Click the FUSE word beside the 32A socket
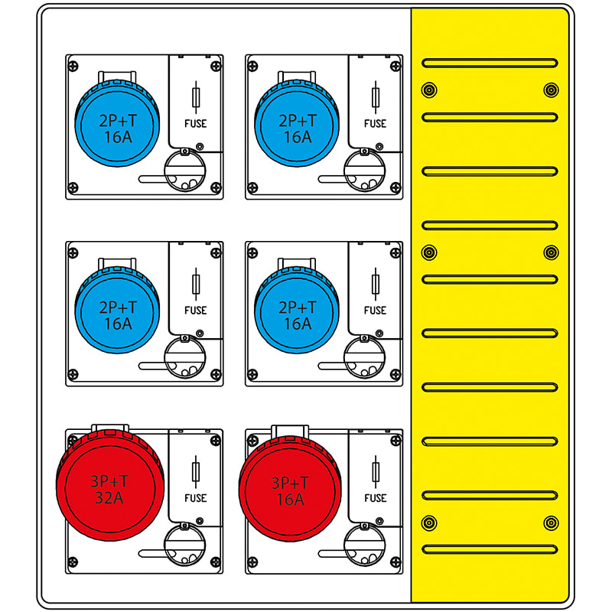(x=196, y=498)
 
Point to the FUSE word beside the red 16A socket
(x=375, y=498)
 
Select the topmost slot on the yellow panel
(x=490, y=62)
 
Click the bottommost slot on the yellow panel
(x=490, y=549)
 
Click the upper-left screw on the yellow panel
(x=429, y=90)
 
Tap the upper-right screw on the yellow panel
(x=550, y=90)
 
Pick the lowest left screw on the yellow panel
(x=429, y=523)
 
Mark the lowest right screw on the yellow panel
(x=550, y=523)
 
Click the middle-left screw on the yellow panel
(x=429, y=252)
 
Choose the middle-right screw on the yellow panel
(x=550, y=252)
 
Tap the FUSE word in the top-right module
(x=375, y=123)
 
